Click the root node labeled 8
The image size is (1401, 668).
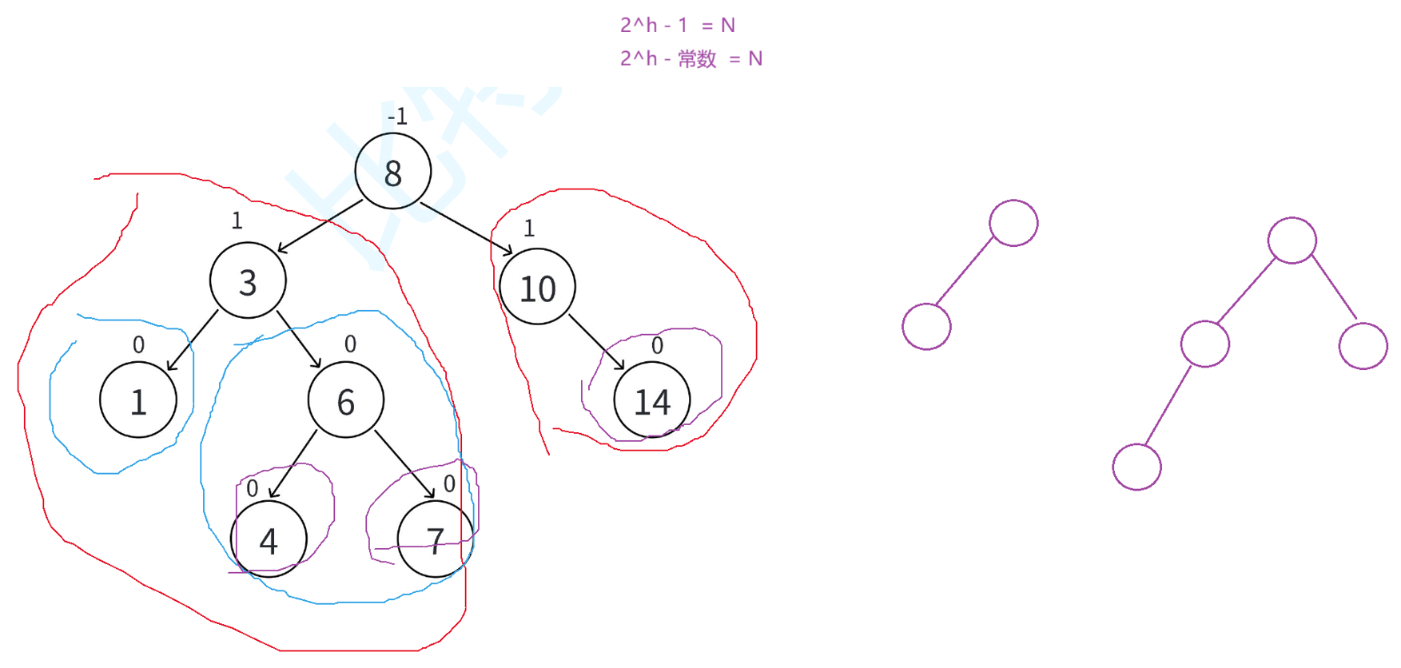coord(392,171)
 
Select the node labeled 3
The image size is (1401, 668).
coord(248,280)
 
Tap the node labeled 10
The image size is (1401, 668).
coord(537,287)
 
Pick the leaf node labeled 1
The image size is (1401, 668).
coord(138,400)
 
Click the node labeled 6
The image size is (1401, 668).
coord(345,400)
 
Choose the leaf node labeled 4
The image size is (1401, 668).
coord(269,539)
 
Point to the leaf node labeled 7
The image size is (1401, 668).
coord(435,539)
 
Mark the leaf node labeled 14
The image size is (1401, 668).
coord(651,400)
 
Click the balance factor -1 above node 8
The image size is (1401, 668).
coord(397,117)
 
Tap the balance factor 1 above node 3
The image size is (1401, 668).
coord(237,221)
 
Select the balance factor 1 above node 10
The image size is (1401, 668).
coord(528,229)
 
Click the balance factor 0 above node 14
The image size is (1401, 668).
coord(657,345)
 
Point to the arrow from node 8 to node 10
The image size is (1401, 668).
coord(466,229)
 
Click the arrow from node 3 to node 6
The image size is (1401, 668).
coord(299,340)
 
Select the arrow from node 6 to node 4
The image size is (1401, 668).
coord(293,464)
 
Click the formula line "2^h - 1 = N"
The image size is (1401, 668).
coord(677,26)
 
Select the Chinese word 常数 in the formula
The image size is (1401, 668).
coord(697,59)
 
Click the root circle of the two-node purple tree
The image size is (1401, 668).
coord(1013,223)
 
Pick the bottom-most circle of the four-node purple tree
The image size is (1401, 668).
coord(1136,467)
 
